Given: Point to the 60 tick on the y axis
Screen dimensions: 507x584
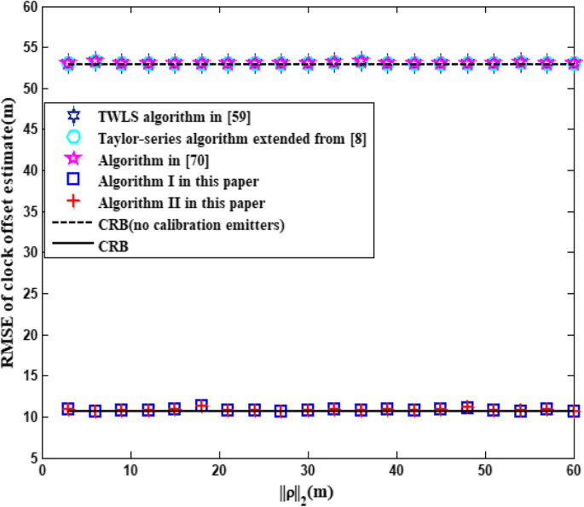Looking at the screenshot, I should point(29,7).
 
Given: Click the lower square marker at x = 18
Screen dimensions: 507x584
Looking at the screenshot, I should point(201,406).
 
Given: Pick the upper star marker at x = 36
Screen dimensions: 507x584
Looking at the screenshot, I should point(361,61).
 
